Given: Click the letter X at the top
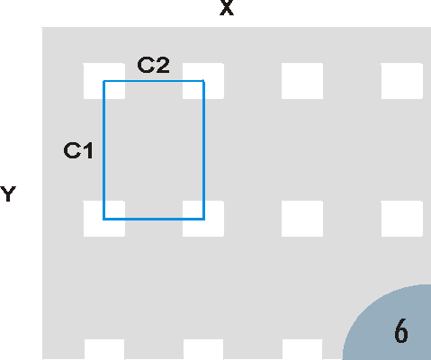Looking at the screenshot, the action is (x=227, y=7).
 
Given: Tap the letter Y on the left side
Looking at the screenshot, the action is (x=8, y=193).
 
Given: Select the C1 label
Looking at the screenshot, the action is (x=78, y=150).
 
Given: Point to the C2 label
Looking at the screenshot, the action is (x=153, y=65).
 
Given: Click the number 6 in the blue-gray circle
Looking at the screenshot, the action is (x=401, y=331).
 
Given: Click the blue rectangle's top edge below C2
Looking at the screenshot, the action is (x=154, y=81).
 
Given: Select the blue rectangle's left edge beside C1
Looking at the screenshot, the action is (x=103, y=150).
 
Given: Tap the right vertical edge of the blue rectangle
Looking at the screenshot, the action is (x=204, y=150).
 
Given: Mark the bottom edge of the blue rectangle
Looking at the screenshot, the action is (x=154, y=219).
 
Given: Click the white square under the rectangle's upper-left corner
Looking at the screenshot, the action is (x=104, y=81).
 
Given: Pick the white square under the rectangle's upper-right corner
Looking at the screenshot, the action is (x=203, y=81).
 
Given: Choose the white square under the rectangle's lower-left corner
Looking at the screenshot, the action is (x=104, y=219).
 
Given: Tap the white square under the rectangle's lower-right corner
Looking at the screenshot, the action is (x=203, y=219).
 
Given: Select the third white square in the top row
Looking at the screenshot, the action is (x=302, y=81).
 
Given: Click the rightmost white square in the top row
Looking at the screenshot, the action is (x=402, y=81).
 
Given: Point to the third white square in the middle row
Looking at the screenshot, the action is (x=302, y=219).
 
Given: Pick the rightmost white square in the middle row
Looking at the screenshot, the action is (x=402, y=219).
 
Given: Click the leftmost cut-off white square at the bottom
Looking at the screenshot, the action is (x=104, y=349).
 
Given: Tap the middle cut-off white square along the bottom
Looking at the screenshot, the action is (x=203, y=349).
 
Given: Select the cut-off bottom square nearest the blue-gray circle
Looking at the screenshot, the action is (x=302, y=349).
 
